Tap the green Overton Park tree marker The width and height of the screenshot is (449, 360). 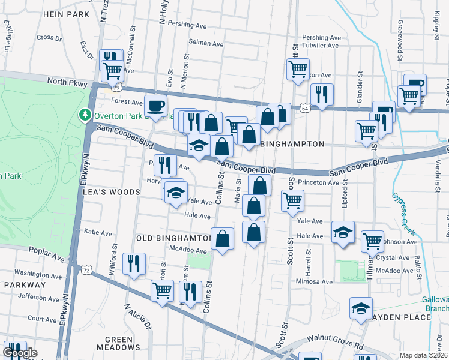point(86,115)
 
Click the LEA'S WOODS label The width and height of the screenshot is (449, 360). point(112,192)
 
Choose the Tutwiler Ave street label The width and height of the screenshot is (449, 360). point(322,45)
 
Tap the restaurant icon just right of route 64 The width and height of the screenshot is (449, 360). point(322,95)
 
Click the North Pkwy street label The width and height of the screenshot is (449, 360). point(64,81)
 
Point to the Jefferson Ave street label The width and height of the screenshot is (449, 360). point(37,296)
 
